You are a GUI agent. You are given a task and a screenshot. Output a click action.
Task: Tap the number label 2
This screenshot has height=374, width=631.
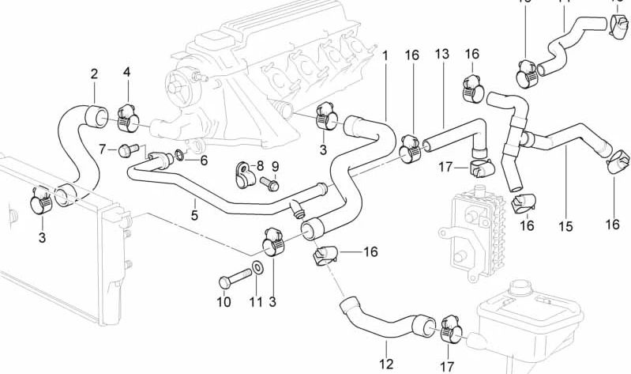coord(94,74)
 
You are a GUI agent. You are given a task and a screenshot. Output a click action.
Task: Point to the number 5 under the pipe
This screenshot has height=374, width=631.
coord(193,213)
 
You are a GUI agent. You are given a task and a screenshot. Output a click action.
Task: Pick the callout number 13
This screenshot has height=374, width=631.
coord(441,55)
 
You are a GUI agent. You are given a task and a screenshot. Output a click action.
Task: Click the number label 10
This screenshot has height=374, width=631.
coord(223,302)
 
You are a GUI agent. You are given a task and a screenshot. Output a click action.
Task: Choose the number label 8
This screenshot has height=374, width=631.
coord(260,166)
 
